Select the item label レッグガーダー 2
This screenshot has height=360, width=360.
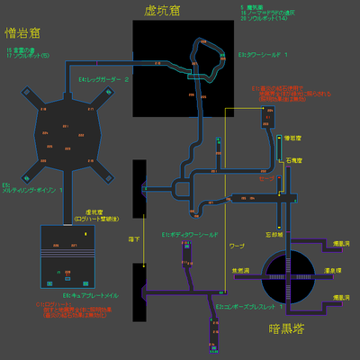(104, 79)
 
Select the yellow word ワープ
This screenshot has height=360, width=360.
(237, 245)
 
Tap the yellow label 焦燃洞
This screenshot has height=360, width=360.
(239, 268)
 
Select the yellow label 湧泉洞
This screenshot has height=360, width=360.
(329, 269)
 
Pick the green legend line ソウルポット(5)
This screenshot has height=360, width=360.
(28, 56)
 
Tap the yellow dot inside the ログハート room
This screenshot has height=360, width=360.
(86, 235)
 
